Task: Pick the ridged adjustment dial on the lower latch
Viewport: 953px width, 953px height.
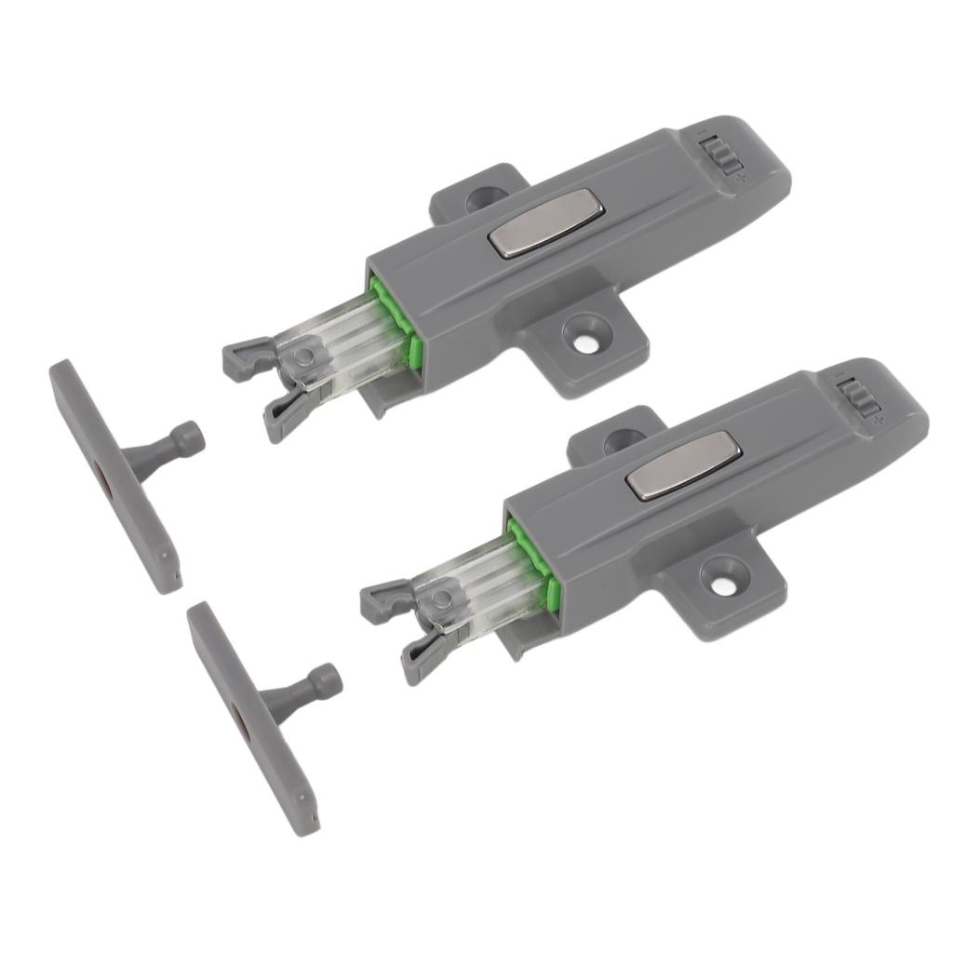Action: click(861, 401)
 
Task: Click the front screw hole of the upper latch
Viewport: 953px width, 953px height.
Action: click(584, 340)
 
